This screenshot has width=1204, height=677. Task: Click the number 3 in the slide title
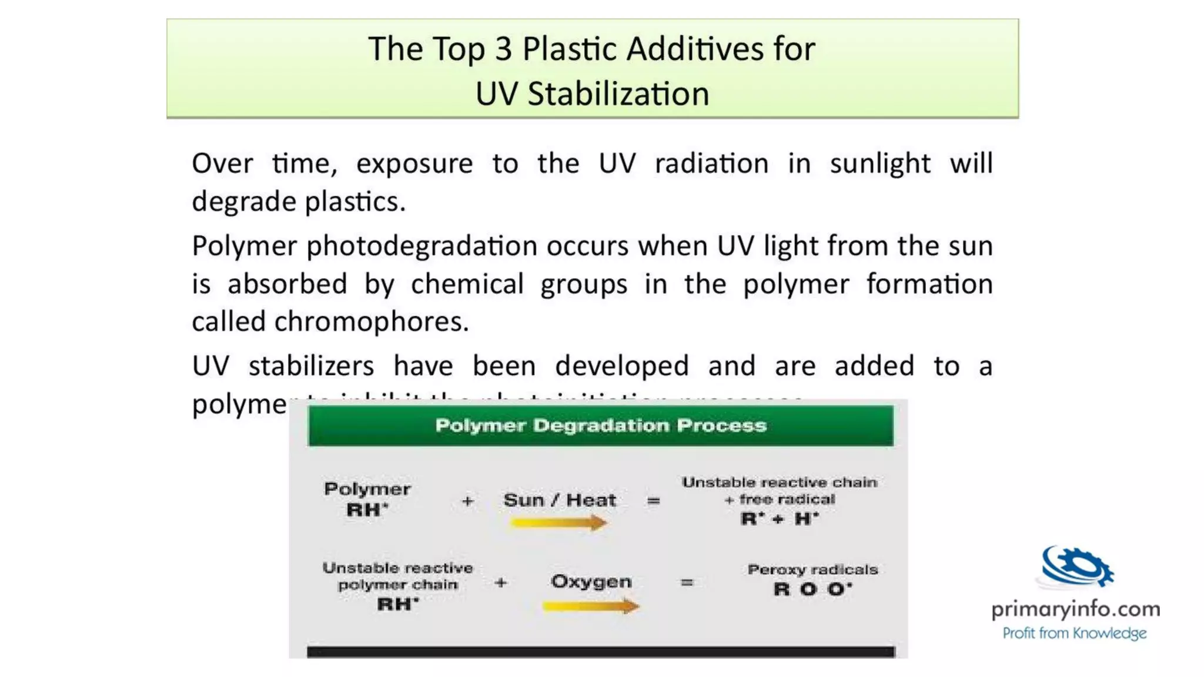pos(503,49)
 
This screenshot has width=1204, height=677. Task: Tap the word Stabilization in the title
pos(618,94)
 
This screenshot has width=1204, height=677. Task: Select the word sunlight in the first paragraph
pos(880,163)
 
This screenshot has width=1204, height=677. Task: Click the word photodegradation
pos(422,246)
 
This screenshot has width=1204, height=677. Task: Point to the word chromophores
pos(371,321)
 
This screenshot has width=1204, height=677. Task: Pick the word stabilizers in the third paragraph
pos(311,366)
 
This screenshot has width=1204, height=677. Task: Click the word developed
pos(621,366)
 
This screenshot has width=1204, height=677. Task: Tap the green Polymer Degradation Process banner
pos(600,425)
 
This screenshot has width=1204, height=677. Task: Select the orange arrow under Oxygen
pos(590,606)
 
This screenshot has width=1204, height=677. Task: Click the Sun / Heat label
pos(560,500)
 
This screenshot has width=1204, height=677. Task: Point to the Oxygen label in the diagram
pos(591,582)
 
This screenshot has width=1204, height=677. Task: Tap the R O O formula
pos(812,589)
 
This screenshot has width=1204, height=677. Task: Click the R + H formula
pos(780,519)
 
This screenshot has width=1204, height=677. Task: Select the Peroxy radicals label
pos(812,569)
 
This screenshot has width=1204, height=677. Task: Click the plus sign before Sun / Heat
pos(467,501)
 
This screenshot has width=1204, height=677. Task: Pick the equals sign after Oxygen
pos(687,582)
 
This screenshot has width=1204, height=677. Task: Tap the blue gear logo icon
pos(1076,567)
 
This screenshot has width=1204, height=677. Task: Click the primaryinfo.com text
pos(1075,609)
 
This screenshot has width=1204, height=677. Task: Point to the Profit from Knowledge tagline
pos(1074,634)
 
